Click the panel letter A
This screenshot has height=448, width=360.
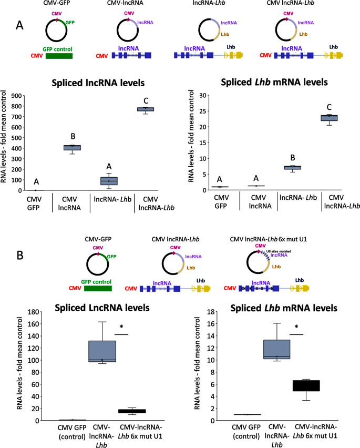pyautogui.click(x=20, y=25)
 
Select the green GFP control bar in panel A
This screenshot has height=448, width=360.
pyautogui.click(x=59, y=55)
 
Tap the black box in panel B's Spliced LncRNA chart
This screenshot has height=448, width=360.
pyautogui.click(x=132, y=411)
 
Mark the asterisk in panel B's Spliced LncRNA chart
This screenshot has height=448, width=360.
pyautogui.click(x=121, y=327)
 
